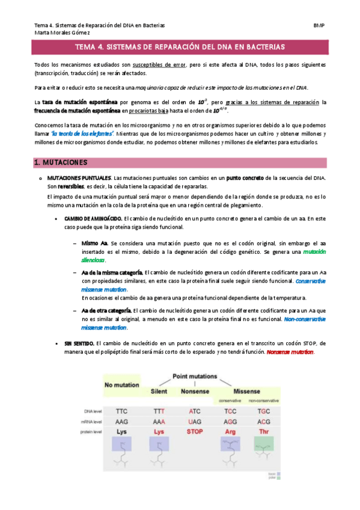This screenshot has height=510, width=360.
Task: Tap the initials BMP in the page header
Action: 319,25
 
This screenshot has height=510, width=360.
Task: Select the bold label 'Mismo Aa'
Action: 94,243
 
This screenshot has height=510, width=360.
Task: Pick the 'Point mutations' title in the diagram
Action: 195,375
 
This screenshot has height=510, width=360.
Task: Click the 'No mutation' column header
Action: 122,385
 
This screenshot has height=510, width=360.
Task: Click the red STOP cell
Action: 195,431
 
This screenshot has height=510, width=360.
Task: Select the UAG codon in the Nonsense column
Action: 195,422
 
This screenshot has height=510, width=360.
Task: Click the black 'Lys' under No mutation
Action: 122,431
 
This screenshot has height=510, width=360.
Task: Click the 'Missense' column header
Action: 246,391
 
